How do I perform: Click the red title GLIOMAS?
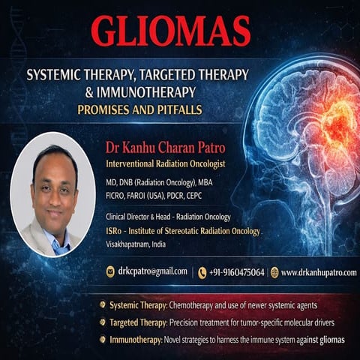tap(171, 31)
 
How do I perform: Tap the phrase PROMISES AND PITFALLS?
tap(139, 109)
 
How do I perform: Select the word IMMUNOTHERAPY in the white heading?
tap(146, 92)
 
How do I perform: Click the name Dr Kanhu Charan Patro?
tap(165, 148)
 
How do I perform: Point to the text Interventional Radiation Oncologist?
tap(166, 164)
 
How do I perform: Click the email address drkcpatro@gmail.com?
tap(152, 271)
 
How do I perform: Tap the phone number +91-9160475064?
tap(237, 272)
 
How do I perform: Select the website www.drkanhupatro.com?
tap(319, 272)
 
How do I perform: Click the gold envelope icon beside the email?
tap(110, 271)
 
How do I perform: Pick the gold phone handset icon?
tap(202, 273)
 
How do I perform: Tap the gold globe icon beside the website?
tap(274, 272)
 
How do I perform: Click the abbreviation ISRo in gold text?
tap(114, 231)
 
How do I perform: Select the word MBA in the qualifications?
tap(205, 182)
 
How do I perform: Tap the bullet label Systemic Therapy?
tap(138, 305)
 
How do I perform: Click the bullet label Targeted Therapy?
tap(138, 322)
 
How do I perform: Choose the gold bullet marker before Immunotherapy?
tap(102, 340)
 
